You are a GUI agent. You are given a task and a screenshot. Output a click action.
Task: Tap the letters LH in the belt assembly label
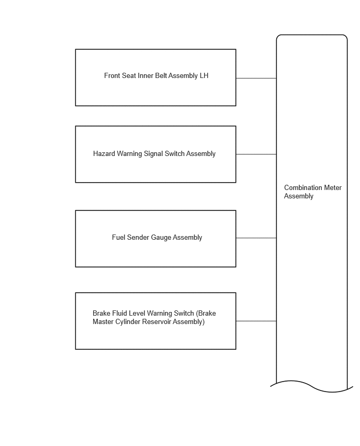(x=204, y=76)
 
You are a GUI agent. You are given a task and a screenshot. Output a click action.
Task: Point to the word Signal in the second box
(x=153, y=154)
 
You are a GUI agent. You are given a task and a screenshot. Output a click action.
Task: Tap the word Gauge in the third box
(x=161, y=238)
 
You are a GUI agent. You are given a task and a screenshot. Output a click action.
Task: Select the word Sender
(x=138, y=237)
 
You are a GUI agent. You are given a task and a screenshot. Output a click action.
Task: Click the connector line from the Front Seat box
(x=256, y=78)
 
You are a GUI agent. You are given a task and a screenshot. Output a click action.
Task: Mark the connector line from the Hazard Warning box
(x=256, y=154)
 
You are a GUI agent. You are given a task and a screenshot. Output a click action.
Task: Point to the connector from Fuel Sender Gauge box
(x=256, y=238)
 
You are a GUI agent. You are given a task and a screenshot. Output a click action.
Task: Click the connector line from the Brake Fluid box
(x=256, y=321)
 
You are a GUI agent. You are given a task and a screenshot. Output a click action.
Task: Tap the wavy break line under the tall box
(x=311, y=386)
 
